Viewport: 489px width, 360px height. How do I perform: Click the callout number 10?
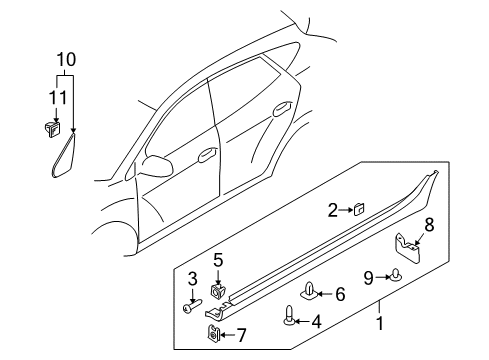tap(66, 60)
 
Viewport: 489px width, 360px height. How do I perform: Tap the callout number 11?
tap(58, 98)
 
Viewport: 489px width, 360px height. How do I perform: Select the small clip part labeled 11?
tap(52, 129)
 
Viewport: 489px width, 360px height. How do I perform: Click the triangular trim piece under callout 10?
tap(64, 155)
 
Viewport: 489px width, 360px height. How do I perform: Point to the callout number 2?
tap(333, 211)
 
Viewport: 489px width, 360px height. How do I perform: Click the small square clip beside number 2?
tap(359, 210)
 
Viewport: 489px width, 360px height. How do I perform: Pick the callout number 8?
tap(429, 225)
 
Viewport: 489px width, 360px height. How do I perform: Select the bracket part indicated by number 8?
tap(407, 248)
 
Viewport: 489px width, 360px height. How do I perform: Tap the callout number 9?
tap(368, 278)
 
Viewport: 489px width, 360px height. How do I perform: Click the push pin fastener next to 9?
tap(396, 275)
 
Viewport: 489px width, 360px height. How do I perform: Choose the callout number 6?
tap(340, 294)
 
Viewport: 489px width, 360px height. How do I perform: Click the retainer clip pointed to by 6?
tap(309, 290)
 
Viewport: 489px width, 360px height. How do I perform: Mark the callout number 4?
tap(316, 322)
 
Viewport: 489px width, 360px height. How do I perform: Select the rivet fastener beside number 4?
tap(288, 315)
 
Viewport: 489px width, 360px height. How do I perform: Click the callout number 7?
tap(241, 335)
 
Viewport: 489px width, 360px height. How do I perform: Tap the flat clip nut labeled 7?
tap(212, 333)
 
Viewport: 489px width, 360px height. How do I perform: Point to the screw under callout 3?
tap(192, 306)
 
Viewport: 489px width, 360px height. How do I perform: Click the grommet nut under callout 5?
tap(217, 290)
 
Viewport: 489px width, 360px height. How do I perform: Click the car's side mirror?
tap(157, 164)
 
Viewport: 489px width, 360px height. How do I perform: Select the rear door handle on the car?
tap(282, 109)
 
